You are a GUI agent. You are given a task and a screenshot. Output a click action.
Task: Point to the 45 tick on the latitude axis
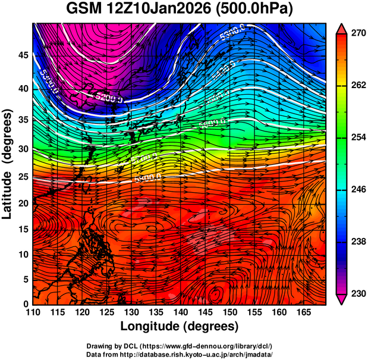[23, 55]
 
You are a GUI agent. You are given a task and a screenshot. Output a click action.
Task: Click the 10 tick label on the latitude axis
[23, 254]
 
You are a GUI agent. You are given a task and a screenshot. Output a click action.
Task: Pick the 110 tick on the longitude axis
[33, 312]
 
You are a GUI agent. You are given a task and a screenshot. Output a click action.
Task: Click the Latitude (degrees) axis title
[8, 163]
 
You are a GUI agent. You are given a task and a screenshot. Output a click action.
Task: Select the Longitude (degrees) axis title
[180, 327]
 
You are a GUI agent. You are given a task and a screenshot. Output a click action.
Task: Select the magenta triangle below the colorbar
[342, 299]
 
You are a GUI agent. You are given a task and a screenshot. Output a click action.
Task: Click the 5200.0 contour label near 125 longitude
[109, 97]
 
